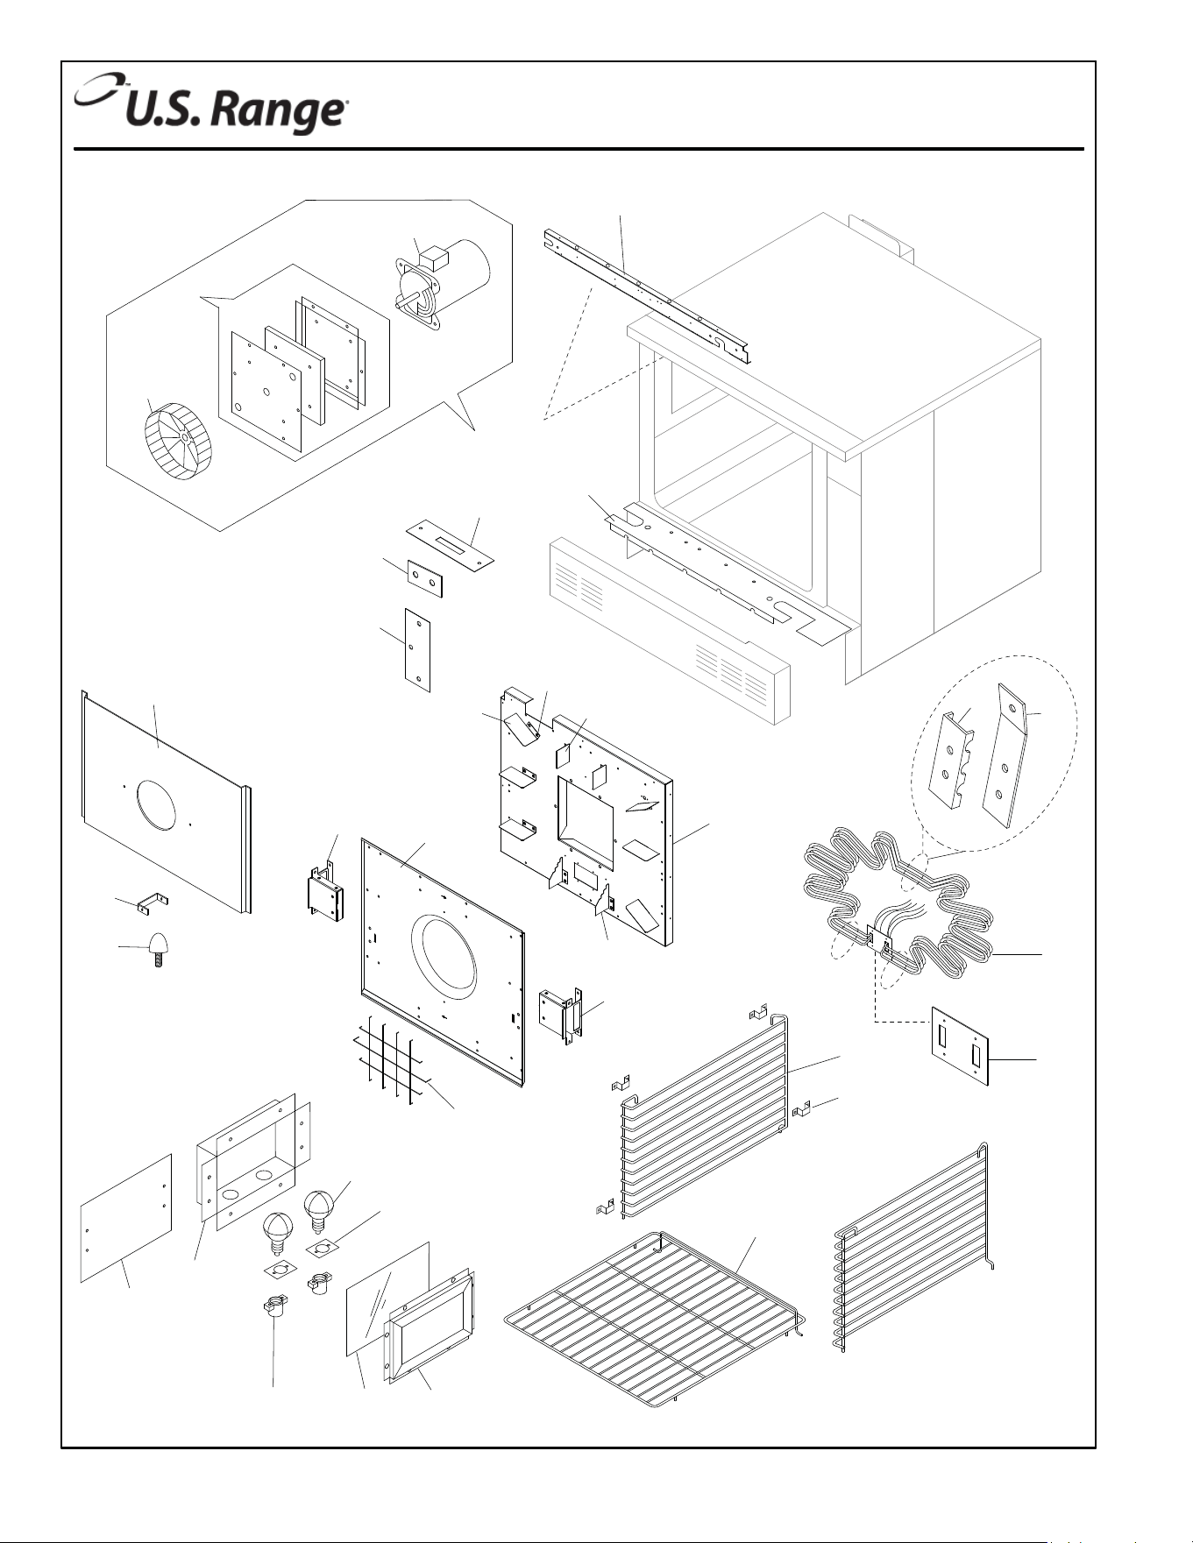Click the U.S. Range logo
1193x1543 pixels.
(211, 104)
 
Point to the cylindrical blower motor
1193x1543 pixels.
(443, 284)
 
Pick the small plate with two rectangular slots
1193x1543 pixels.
(960, 1045)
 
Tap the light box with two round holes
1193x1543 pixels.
(252, 1161)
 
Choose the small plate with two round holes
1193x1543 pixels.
(424, 579)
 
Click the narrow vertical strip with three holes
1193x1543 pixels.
(418, 650)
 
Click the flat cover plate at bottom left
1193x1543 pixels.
(126, 1218)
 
